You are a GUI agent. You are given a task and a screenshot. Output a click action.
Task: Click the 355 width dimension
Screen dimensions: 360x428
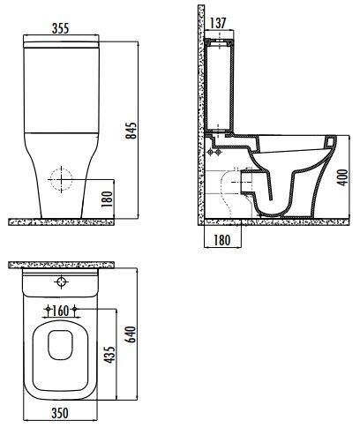(60, 28)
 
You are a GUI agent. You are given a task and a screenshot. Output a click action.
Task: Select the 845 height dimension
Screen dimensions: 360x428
(131, 131)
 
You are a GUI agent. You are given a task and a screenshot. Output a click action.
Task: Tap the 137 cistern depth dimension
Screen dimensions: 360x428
(218, 23)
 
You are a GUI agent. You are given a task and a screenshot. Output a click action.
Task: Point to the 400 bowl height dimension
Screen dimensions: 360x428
(342, 177)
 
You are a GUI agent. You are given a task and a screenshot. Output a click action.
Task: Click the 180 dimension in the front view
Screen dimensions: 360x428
(108, 199)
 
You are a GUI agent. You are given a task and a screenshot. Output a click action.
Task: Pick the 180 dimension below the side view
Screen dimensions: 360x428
(221, 240)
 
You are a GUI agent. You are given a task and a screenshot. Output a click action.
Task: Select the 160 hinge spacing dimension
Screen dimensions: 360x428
(60, 311)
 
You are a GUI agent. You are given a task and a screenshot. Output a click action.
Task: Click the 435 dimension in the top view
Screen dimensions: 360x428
(109, 355)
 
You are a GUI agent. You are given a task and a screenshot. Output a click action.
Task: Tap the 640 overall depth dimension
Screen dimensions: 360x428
(131, 334)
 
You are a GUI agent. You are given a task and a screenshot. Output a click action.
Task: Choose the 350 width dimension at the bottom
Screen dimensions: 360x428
(60, 413)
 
